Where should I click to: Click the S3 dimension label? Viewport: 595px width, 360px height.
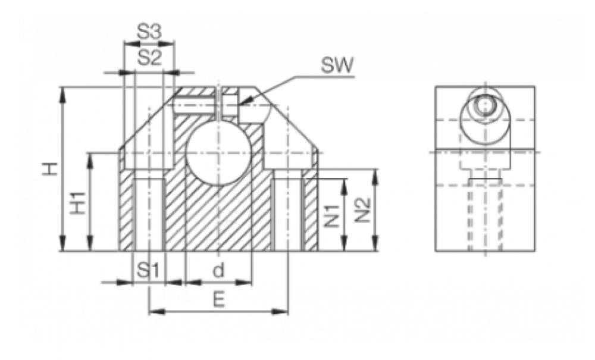[149, 33]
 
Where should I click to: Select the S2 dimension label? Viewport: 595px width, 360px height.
[149, 58]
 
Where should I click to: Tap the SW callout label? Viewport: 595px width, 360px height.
[337, 65]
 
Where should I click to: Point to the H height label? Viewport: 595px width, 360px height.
[50, 169]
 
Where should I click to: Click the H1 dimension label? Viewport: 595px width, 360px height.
[79, 202]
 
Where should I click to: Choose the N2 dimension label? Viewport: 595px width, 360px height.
[362, 211]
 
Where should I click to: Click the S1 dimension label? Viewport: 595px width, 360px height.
[149, 271]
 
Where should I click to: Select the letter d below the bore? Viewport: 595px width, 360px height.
[218, 271]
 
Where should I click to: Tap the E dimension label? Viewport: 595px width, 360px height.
[218, 300]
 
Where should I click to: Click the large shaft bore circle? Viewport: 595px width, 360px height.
[219, 152]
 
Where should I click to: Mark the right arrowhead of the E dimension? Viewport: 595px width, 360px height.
[280, 312]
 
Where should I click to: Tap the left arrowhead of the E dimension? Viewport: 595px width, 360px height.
[157, 312]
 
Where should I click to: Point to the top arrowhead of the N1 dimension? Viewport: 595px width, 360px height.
[345, 186]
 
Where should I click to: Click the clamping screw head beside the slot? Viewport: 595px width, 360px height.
[230, 104]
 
